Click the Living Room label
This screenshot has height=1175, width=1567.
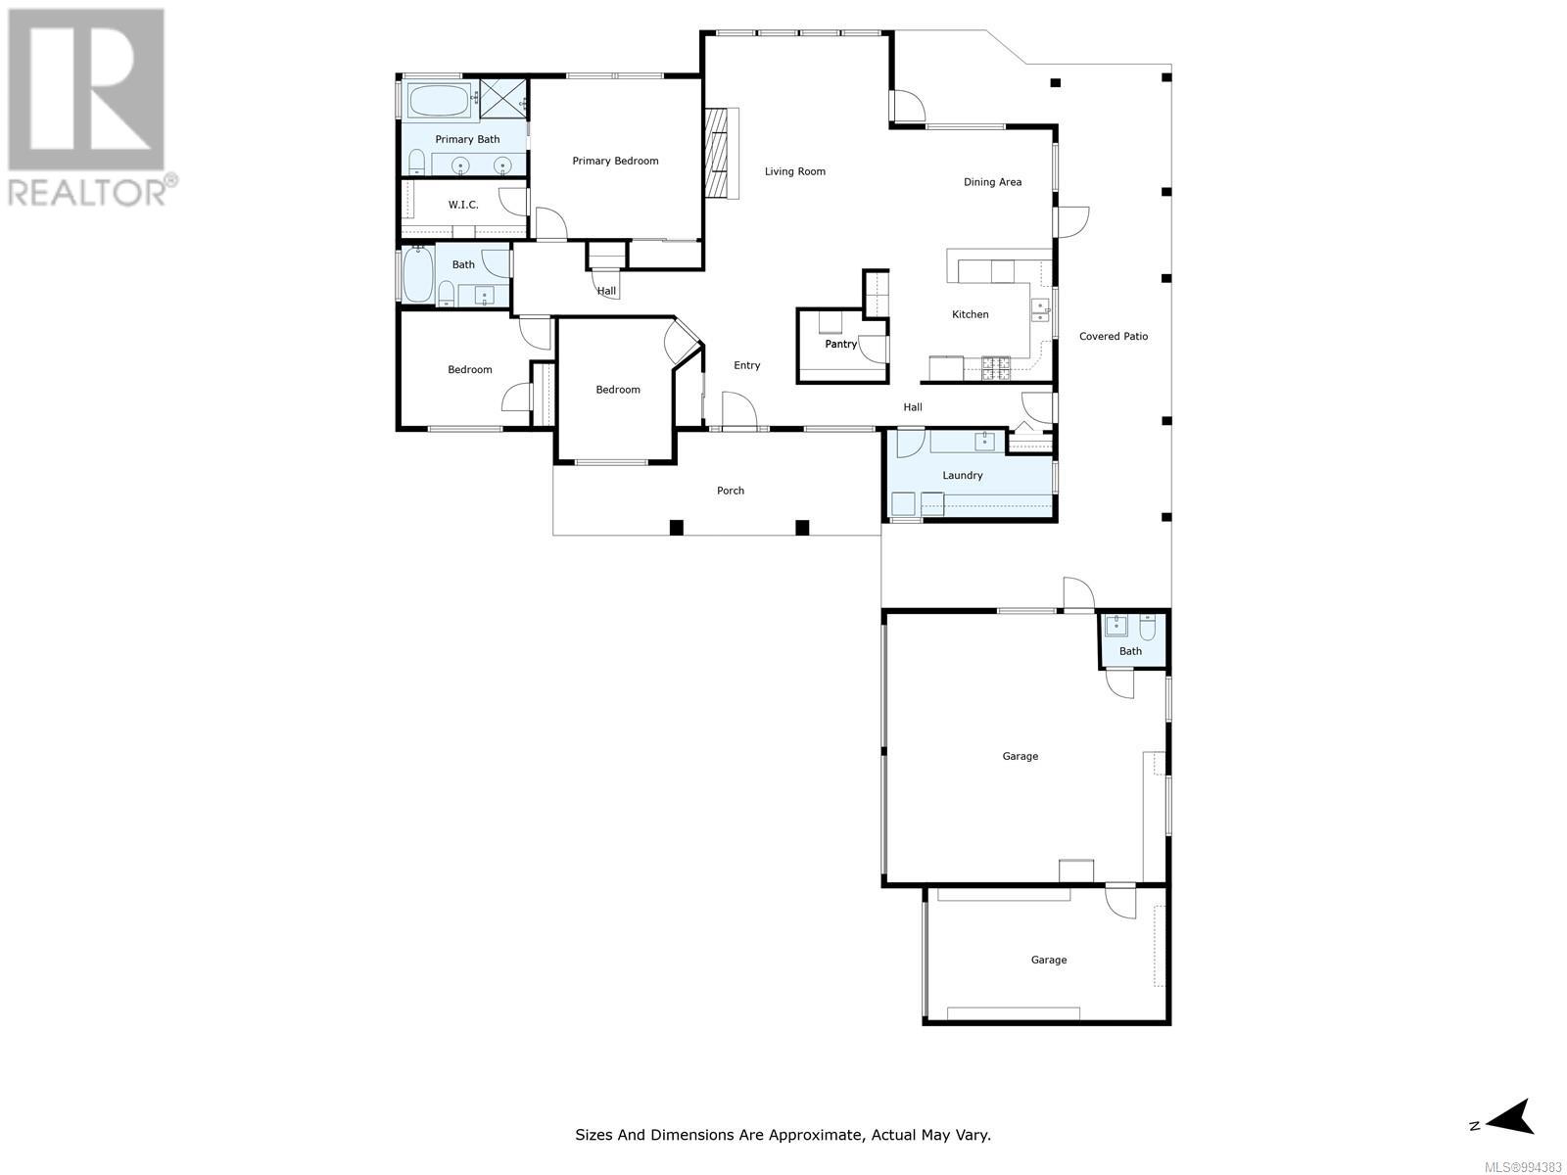tap(794, 171)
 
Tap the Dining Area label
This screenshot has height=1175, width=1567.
tap(992, 182)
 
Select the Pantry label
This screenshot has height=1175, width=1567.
tap(841, 344)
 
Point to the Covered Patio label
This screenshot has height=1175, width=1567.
tap(1113, 336)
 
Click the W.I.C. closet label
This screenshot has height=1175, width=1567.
tap(463, 205)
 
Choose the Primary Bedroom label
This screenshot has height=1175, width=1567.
tap(615, 161)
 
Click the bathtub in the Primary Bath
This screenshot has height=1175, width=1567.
tap(440, 100)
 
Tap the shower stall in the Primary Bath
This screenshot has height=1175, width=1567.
tap(503, 98)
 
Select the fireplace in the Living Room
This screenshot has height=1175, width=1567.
tap(722, 154)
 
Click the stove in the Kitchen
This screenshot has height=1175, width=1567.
tap(996, 368)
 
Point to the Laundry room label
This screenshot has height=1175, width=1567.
tap(963, 475)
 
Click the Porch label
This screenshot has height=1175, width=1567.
tap(731, 491)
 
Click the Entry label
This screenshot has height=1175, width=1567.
tap(746, 365)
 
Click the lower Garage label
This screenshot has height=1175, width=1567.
tap(1049, 961)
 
